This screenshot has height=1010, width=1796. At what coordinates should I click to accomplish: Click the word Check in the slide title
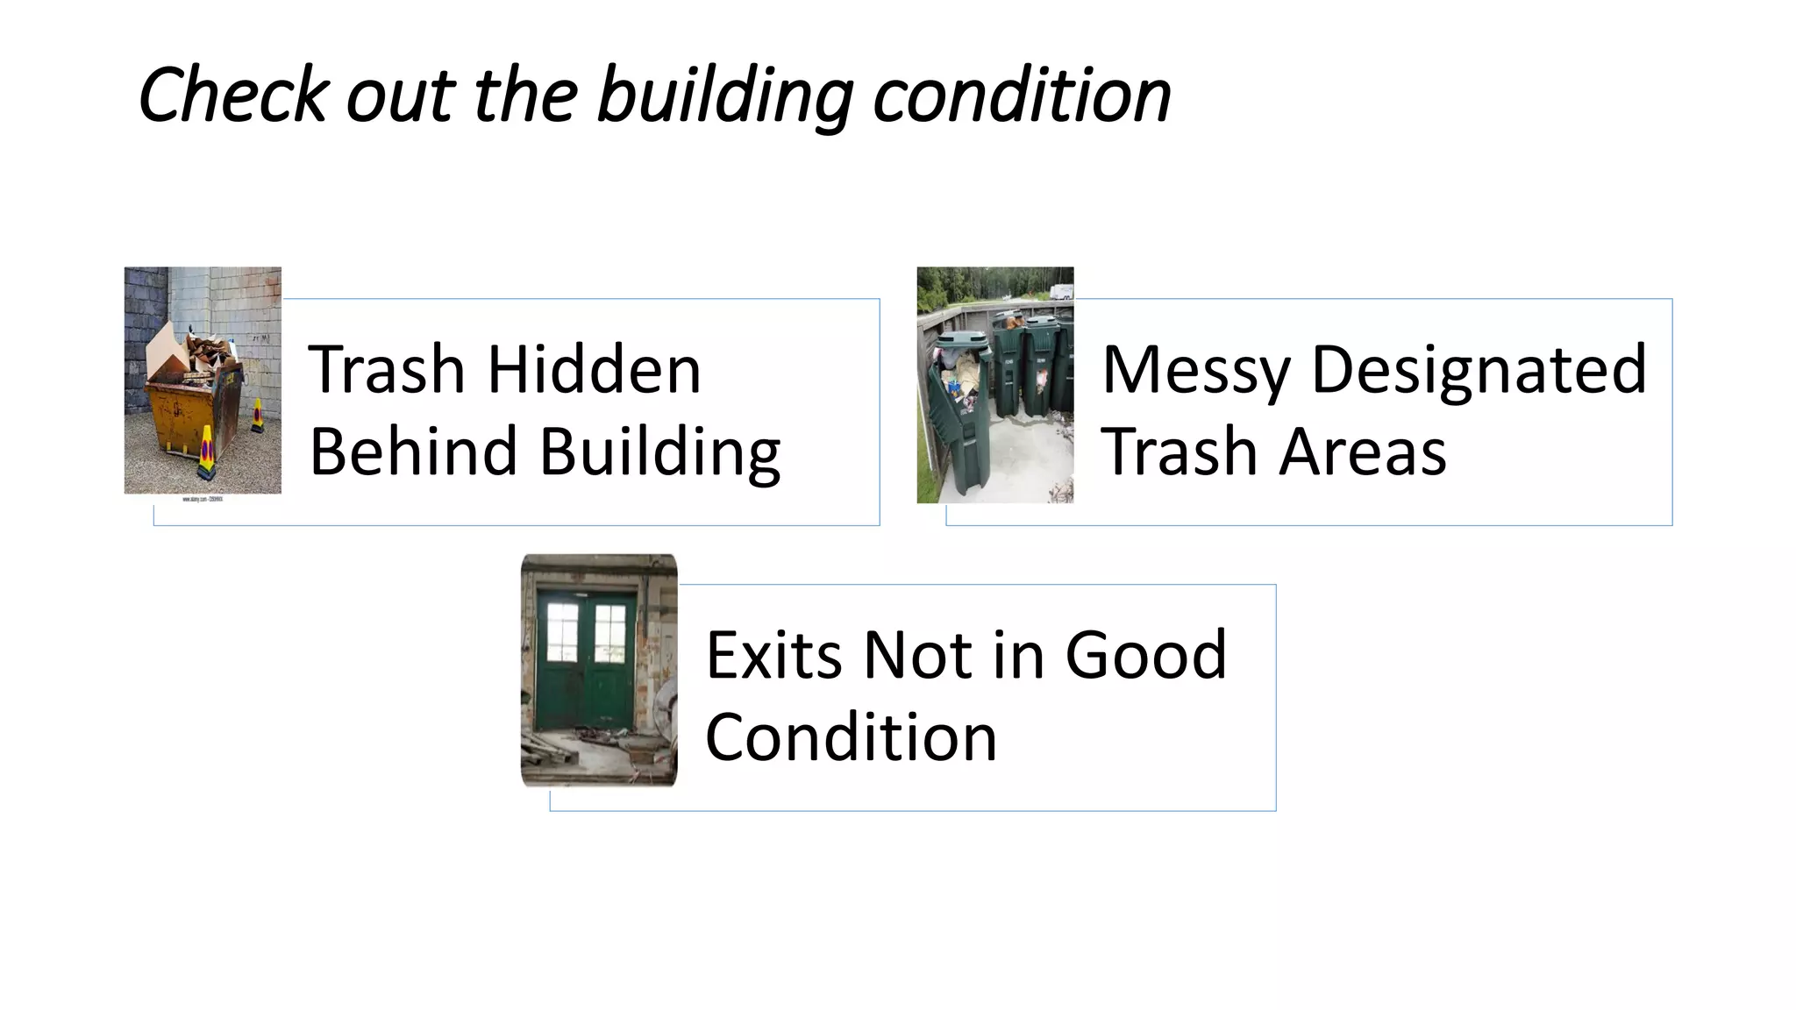[x=233, y=95]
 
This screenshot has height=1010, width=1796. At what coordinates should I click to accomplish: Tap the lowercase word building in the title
[x=724, y=96]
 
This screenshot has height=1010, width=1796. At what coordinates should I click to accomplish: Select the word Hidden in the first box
[x=594, y=369]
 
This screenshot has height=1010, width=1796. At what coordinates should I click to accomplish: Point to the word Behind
[x=413, y=452]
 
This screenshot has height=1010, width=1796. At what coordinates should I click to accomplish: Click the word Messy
[x=1195, y=371]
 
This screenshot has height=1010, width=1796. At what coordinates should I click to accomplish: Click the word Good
[x=1144, y=655]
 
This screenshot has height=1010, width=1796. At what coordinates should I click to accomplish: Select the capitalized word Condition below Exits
[x=851, y=737]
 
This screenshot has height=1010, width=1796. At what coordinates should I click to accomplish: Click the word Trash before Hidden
[x=386, y=369]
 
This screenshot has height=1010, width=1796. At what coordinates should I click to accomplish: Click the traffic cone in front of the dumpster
[x=206, y=452]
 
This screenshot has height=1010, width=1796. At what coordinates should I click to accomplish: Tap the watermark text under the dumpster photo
[x=203, y=499]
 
